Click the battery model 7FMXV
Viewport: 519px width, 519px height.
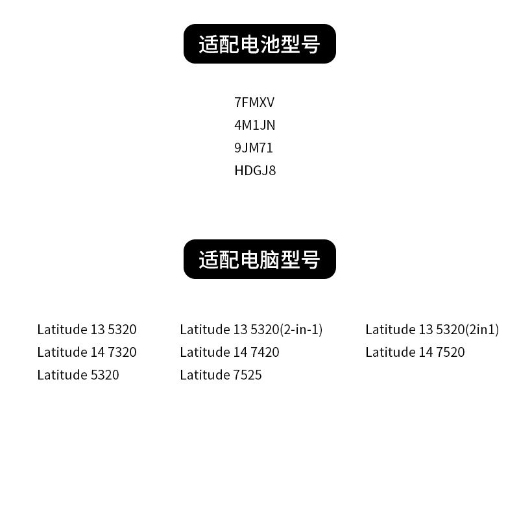254,103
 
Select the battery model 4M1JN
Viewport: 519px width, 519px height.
254,125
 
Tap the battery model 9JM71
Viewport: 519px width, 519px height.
254,148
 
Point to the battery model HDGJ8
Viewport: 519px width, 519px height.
255,171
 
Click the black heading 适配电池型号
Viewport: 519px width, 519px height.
259,44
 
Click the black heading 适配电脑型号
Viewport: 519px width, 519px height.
259,259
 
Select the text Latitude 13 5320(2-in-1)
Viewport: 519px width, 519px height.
251,330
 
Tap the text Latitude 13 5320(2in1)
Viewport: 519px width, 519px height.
432,330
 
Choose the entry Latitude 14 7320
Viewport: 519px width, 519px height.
87,352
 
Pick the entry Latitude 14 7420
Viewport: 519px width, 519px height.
230,352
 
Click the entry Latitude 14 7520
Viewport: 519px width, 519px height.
415,352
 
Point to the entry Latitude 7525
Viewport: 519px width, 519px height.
221,375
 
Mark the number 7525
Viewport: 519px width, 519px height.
247,375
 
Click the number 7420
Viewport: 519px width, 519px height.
265,352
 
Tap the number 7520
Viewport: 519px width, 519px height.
450,352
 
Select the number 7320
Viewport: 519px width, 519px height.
122,352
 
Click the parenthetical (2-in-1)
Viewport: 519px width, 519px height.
301,330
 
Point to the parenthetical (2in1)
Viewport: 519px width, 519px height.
482,330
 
